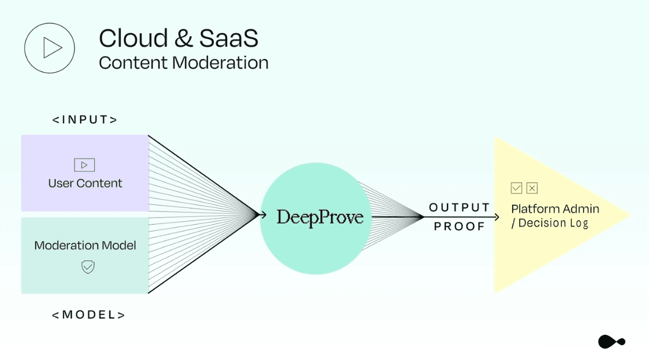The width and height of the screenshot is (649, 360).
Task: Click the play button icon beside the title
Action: click(50, 48)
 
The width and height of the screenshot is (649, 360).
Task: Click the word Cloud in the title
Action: click(133, 38)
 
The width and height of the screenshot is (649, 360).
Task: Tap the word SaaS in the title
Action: click(229, 38)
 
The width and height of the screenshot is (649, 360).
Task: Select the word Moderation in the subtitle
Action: click(220, 63)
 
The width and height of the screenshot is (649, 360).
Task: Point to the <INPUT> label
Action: click(85, 120)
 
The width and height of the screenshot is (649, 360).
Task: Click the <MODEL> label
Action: click(88, 315)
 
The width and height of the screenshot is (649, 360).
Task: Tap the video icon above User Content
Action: click(85, 165)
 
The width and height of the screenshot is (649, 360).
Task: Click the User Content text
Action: click(85, 183)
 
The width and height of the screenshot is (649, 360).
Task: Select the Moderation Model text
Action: click(85, 245)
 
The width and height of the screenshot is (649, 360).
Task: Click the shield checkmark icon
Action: click(88, 267)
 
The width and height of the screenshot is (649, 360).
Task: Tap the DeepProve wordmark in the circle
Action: click(320, 217)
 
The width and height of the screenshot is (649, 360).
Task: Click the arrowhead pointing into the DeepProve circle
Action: click(263, 215)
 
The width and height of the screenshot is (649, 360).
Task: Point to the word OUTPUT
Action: click(460, 207)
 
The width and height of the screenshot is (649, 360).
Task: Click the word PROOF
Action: click(460, 227)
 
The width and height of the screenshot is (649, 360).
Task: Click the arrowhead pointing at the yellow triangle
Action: click(496, 217)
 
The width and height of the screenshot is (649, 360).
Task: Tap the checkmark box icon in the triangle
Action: click(516, 188)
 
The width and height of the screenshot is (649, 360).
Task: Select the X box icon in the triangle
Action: click(532, 188)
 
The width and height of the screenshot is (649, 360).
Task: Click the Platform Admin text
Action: click(555, 209)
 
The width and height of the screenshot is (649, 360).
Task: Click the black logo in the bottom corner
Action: click(612, 342)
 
